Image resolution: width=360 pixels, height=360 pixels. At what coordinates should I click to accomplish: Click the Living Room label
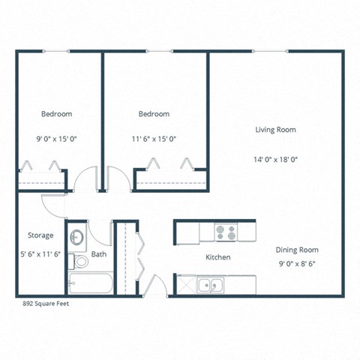[x=275, y=130]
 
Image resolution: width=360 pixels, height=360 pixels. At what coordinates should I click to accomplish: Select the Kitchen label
[x=217, y=257]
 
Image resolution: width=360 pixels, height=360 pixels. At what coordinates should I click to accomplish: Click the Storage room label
[x=40, y=235]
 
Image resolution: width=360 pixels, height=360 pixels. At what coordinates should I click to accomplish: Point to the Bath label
[x=99, y=254]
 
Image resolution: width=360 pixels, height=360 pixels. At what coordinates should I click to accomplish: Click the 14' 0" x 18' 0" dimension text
[x=275, y=159]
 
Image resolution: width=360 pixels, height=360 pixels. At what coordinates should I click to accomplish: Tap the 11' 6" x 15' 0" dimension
[x=154, y=138]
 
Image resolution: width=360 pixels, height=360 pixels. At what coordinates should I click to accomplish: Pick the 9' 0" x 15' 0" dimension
[x=56, y=138]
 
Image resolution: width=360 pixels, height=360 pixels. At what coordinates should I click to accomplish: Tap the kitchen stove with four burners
[x=226, y=232]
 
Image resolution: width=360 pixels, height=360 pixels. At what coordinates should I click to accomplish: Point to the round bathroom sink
[x=76, y=238]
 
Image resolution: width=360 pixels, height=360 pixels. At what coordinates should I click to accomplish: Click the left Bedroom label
[x=56, y=114]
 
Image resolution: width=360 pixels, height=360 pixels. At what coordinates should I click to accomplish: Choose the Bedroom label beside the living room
[x=154, y=114]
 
